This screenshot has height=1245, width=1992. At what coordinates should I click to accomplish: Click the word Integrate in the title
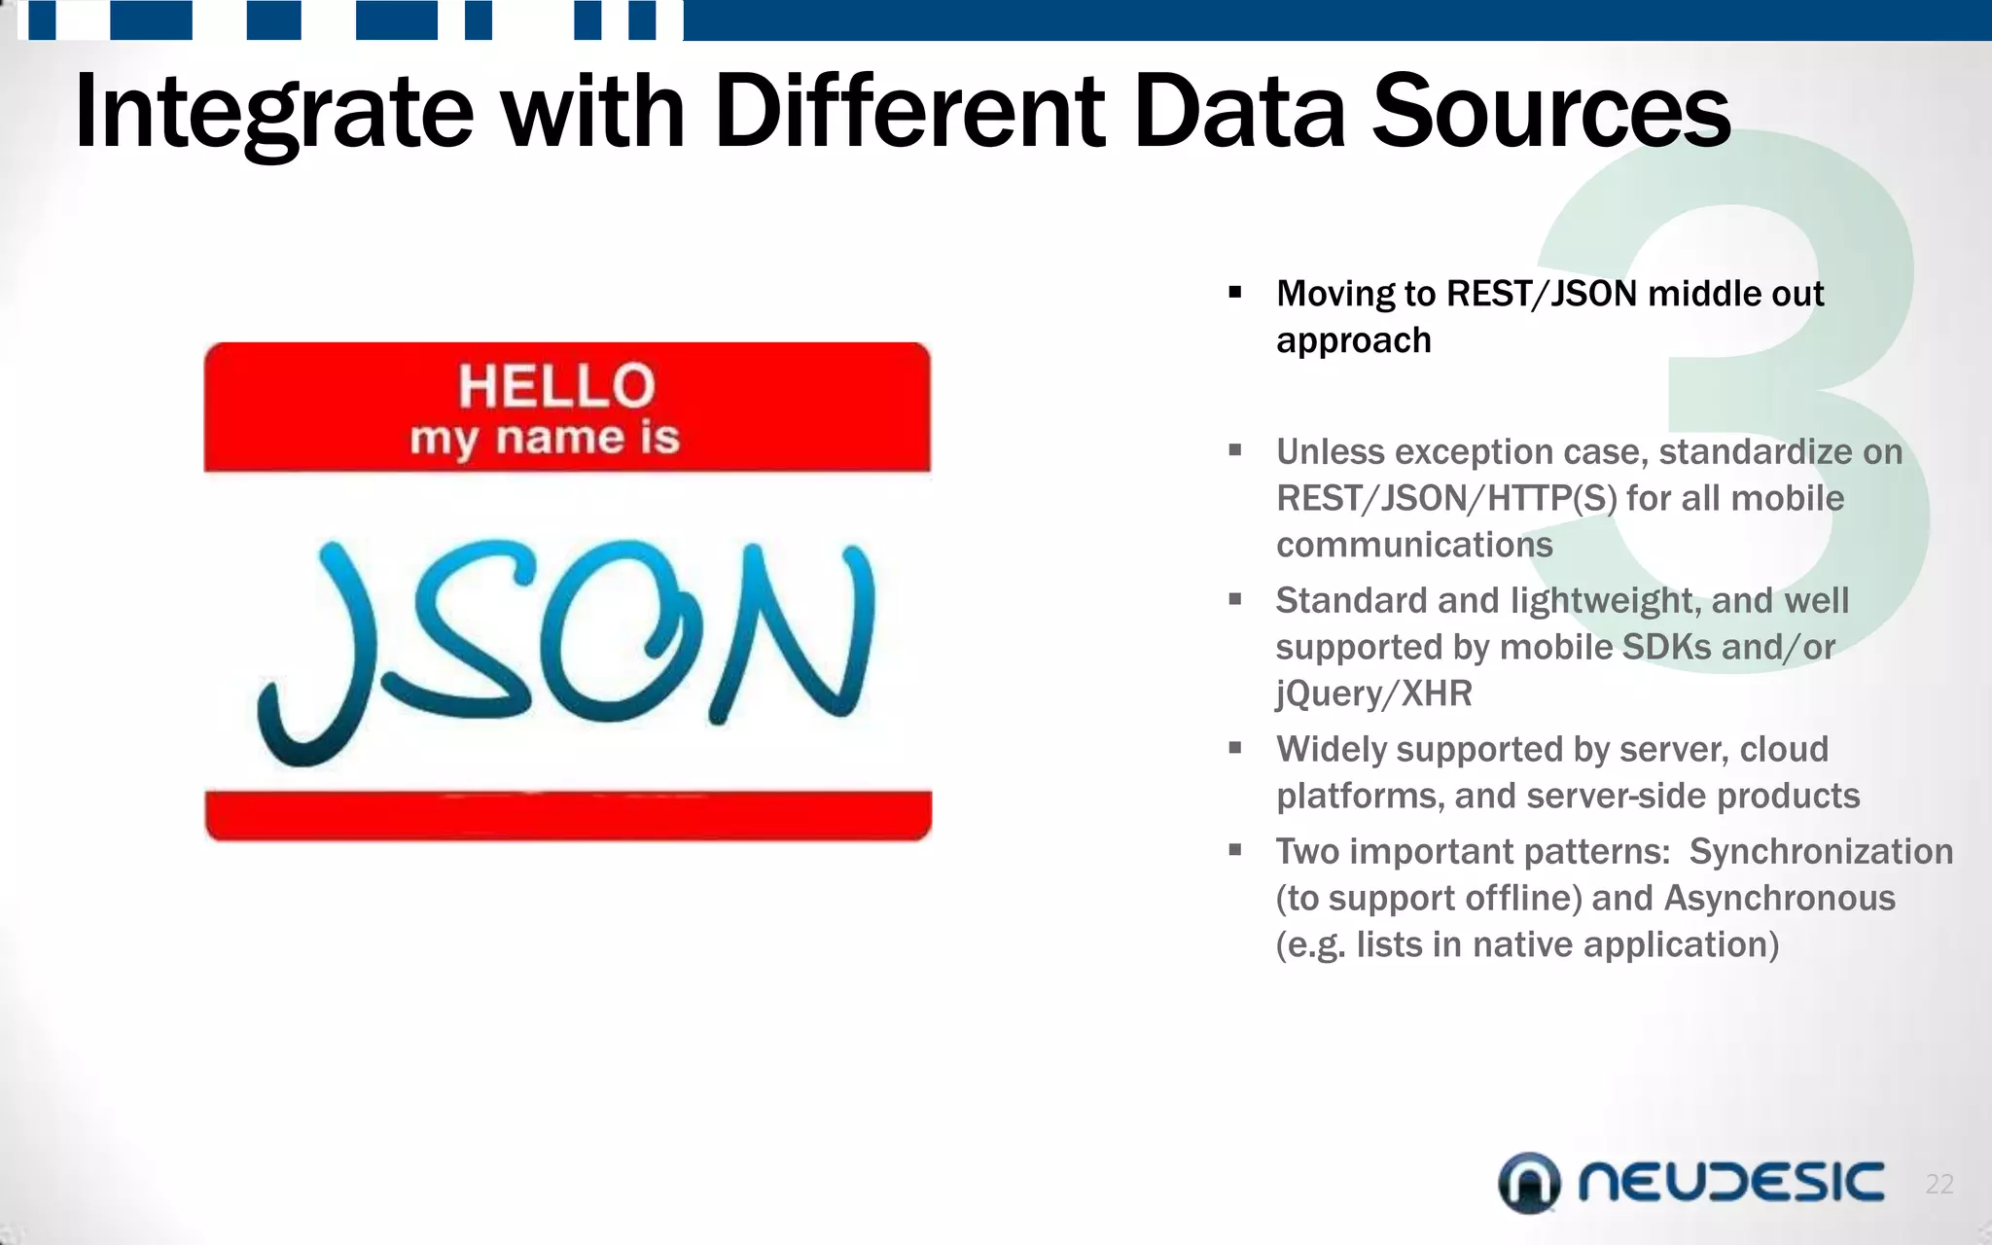point(273,113)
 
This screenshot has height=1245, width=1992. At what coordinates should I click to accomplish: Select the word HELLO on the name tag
point(557,385)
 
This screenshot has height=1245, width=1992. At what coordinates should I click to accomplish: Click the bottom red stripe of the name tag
point(568,815)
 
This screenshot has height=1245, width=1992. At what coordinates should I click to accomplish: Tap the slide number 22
point(1939,1184)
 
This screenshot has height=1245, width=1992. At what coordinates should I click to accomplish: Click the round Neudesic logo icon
point(1529,1183)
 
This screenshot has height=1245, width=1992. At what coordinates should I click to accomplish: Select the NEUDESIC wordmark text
point(1731,1182)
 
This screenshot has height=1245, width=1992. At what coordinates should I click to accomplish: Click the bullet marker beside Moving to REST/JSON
point(1235,292)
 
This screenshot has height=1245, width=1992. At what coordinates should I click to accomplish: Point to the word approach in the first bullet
point(1353,340)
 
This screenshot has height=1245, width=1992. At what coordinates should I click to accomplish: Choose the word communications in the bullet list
point(1414,545)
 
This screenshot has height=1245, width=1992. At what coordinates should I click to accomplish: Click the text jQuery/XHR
point(1373,694)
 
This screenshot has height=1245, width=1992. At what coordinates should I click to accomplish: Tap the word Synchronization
point(1821,851)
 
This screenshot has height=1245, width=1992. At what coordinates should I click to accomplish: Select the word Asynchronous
point(1779,898)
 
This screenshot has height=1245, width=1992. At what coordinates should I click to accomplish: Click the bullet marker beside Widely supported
point(1235,748)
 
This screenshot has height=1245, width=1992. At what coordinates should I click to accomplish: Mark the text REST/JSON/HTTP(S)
point(1446,498)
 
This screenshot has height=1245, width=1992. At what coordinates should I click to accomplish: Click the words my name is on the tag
point(545,438)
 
